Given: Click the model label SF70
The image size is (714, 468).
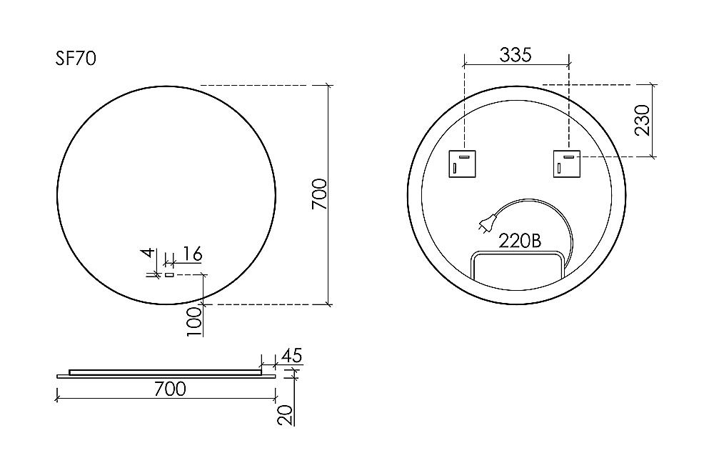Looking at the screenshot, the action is tap(76, 59).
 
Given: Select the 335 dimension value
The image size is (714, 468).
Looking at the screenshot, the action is tap(516, 55).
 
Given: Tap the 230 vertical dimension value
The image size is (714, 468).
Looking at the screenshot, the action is tap(642, 120).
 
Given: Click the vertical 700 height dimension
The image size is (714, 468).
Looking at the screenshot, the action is tap(319, 194).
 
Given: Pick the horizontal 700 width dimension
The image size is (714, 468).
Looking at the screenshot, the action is tap(170, 389).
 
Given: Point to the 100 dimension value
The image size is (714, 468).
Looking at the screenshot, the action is tap(194, 322).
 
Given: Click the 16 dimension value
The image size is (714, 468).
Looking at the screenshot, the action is tap(192, 254).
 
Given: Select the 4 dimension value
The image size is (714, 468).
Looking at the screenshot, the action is tap(148, 253).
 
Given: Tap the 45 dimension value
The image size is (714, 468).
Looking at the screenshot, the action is tap(292, 355).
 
